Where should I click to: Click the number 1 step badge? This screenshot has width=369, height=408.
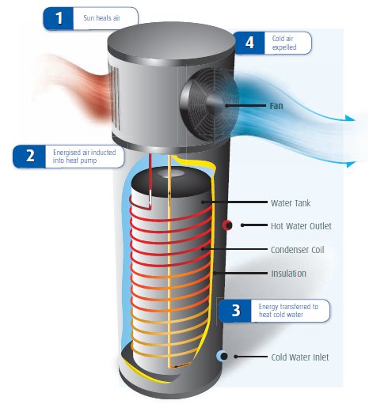[x=58, y=18]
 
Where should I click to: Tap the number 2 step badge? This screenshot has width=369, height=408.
[x=29, y=157]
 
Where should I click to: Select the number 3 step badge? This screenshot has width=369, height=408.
[x=235, y=311]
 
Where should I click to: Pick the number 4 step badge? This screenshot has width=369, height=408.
[x=249, y=43]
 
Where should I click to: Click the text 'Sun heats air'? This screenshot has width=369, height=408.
[x=101, y=18]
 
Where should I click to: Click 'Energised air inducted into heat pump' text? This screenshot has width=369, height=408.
[x=84, y=157]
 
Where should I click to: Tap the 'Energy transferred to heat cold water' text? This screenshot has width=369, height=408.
[x=288, y=311]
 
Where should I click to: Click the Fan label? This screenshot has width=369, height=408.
[x=276, y=106]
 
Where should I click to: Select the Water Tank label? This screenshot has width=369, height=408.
[x=291, y=203]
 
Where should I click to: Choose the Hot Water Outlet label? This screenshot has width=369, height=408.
[x=301, y=226]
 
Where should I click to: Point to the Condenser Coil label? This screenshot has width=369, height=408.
[x=297, y=250]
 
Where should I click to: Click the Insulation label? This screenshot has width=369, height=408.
[x=288, y=274]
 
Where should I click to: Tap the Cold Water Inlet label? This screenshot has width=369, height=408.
[x=300, y=357]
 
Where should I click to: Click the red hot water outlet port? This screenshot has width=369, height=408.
[x=227, y=225]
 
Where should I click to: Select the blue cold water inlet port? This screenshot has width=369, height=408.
[x=222, y=357]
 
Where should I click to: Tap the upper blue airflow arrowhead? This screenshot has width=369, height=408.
[x=351, y=119]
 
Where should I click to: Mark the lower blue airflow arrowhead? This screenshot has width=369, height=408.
[x=351, y=164]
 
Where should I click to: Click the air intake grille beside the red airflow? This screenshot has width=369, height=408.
[x=115, y=96]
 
